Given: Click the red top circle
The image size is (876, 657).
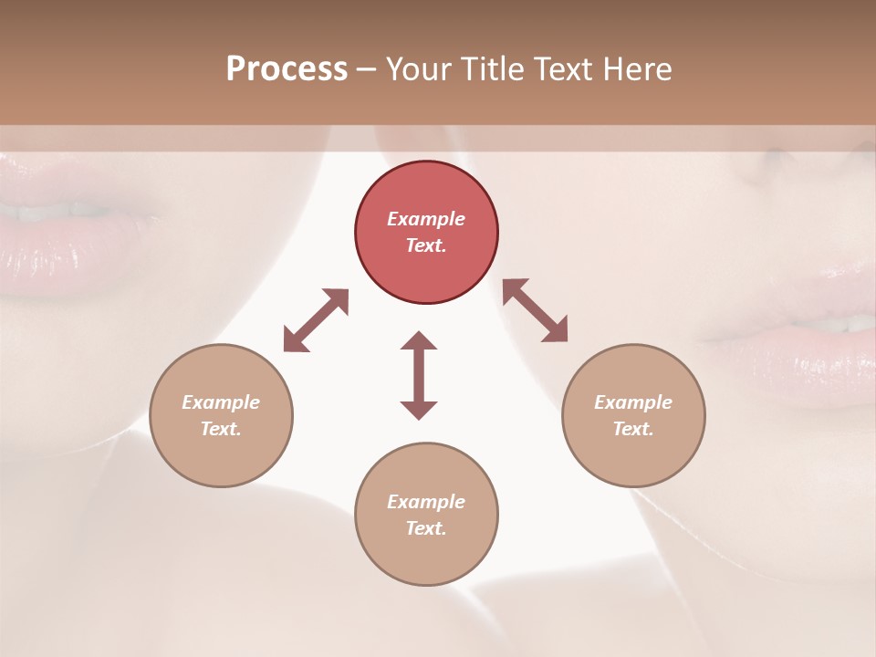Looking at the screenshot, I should click(x=426, y=232).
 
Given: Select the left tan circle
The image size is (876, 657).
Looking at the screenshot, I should click(x=221, y=415).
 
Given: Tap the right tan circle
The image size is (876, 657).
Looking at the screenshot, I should click(x=633, y=415).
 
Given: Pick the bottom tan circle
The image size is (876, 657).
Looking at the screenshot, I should click(x=426, y=514).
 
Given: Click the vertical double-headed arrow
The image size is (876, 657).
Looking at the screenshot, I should click(x=419, y=374).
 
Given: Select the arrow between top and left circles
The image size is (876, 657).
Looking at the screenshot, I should click(x=316, y=320).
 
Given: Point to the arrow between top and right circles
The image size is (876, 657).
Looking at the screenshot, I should click(x=535, y=310).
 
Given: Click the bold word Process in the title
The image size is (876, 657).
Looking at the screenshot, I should click(x=287, y=69).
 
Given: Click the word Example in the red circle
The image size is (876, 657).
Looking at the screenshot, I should click(x=426, y=219).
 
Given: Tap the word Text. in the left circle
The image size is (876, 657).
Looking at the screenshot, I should click(x=221, y=429).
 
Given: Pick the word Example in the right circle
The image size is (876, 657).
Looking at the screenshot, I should click(x=633, y=402).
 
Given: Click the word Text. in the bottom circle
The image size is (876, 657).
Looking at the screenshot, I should click(x=426, y=528).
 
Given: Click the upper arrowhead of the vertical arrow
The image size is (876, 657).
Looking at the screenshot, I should click(x=419, y=342).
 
